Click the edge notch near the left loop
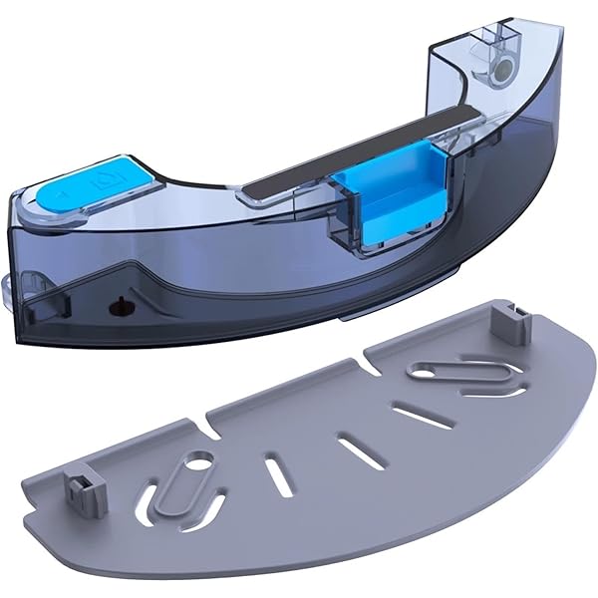211,432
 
